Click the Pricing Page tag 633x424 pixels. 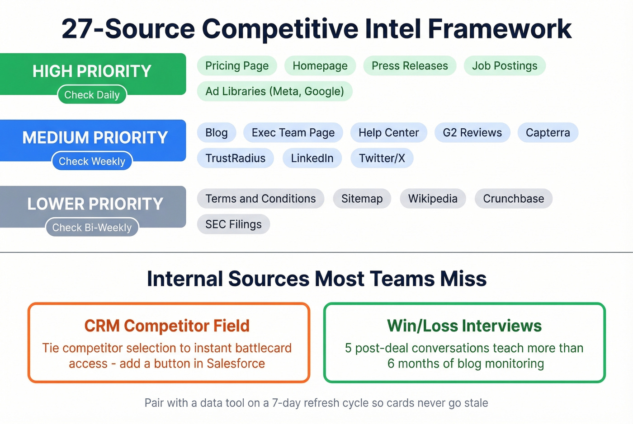(x=237, y=66)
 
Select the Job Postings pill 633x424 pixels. (x=505, y=66)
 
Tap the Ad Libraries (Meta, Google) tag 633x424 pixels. (x=274, y=91)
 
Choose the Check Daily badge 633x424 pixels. (x=92, y=95)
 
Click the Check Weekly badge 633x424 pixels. (x=92, y=161)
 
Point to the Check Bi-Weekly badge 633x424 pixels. (x=92, y=228)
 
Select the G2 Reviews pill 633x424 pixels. (x=472, y=133)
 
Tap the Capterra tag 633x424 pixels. (x=548, y=133)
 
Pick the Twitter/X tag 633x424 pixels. (x=382, y=158)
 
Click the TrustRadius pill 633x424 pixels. (x=235, y=158)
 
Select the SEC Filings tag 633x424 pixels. (x=233, y=224)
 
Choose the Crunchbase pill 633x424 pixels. (x=513, y=199)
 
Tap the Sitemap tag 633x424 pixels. (x=362, y=199)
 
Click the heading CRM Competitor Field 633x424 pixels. (x=167, y=326)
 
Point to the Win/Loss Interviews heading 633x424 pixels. (x=464, y=326)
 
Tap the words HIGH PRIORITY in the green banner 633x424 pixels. (x=92, y=71)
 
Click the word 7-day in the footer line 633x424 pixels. (x=286, y=403)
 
